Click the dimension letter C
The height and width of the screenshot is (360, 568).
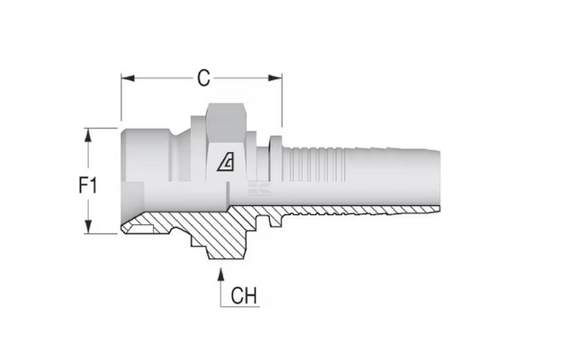[x=203, y=78]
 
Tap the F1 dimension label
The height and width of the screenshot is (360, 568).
[x=87, y=185]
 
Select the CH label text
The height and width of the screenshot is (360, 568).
[x=244, y=295]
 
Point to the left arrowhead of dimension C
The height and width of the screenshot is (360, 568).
[x=128, y=78]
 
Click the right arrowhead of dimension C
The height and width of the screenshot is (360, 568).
[x=275, y=78]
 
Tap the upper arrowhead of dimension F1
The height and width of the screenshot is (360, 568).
[x=88, y=135]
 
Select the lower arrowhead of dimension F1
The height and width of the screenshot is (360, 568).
[x=88, y=227]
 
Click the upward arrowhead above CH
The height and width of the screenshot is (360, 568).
[x=221, y=274]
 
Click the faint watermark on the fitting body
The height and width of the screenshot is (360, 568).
[x=259, y=189]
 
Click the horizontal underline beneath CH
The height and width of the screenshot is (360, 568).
[x=240, y=307]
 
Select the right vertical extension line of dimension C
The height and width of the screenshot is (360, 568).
[x=282, y=101]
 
